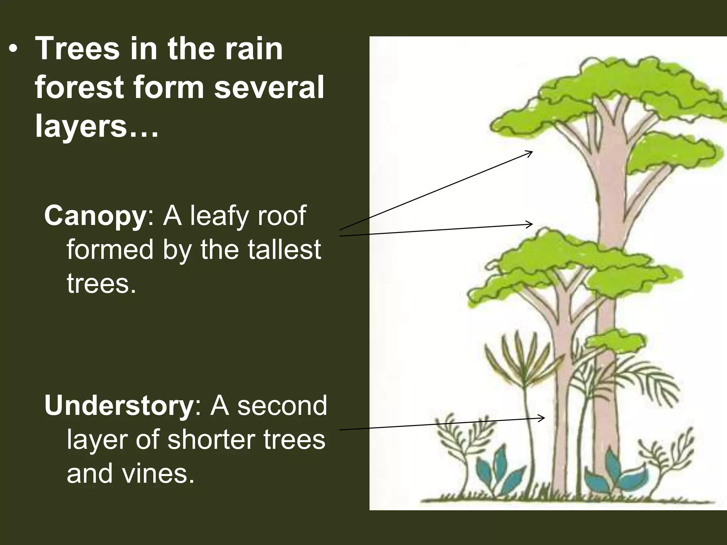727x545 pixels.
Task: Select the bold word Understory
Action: pos(118,406)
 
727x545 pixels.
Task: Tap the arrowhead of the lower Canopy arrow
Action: pos(530,224)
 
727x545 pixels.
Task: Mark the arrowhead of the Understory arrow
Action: pos(542,418)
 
